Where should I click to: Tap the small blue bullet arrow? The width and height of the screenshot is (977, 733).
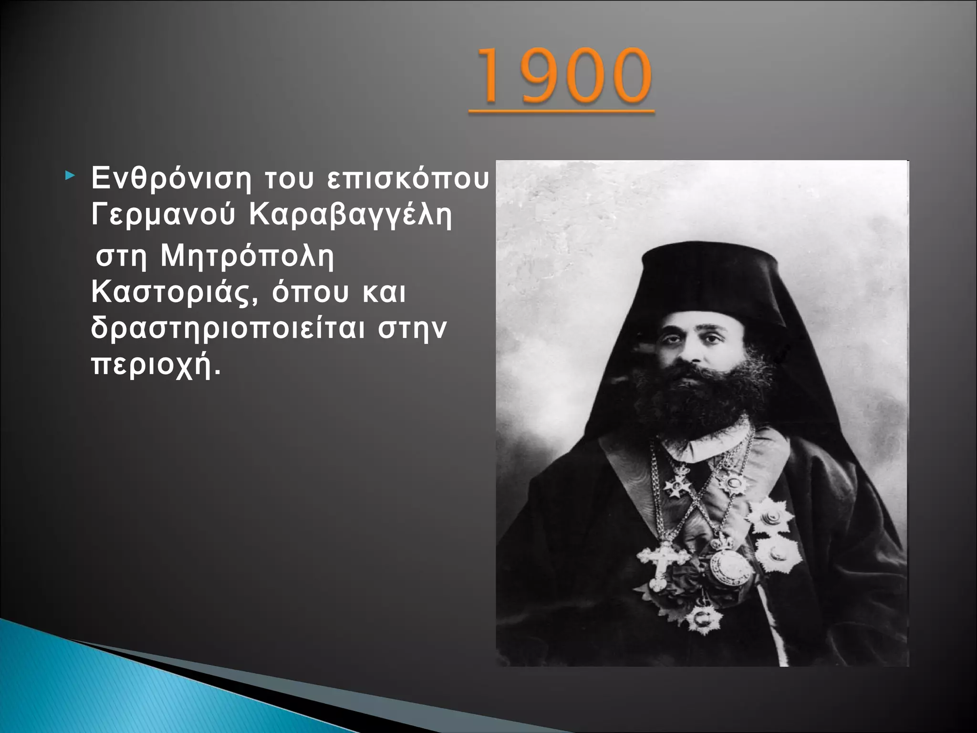(70, 177)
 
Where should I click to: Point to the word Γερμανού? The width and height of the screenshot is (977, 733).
(163, 216)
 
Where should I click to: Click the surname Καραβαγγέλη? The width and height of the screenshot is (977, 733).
(351, 216)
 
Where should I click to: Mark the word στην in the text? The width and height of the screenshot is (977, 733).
(412, 329)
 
